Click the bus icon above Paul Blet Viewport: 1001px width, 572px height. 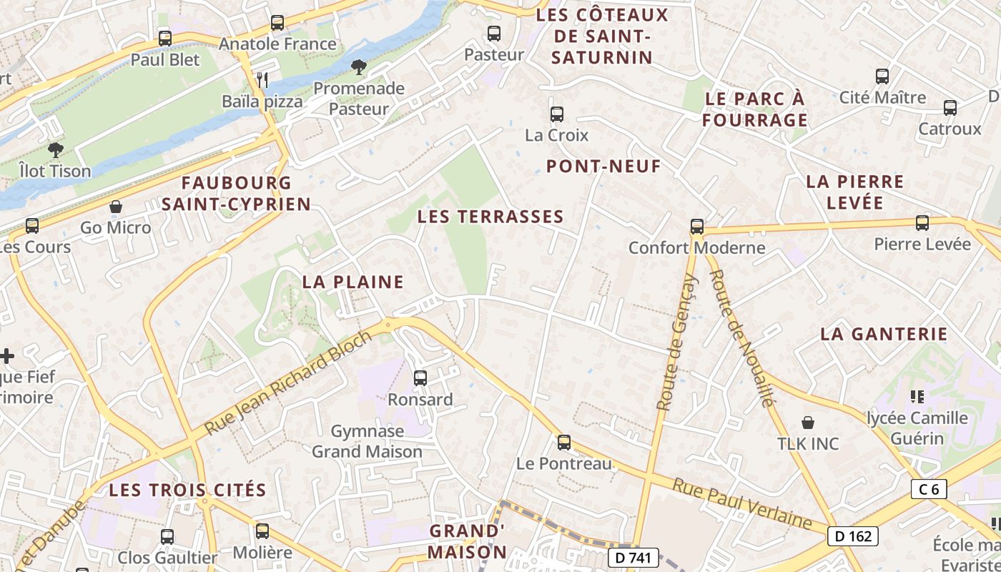[x=165, y=39]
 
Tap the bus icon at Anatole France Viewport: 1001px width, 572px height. [x=277, y=23]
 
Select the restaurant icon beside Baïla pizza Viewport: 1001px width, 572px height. [x=262, y=80]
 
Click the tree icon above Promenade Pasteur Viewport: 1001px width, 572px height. [x=358, y=67]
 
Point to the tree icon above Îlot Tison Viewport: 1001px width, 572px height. [x=55, y=150]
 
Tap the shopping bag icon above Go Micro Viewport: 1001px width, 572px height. [x=116, y=207]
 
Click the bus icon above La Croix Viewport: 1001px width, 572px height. [x=557, y=114]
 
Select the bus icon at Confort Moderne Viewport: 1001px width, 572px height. [x=697, y=227]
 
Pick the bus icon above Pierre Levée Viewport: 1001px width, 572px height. [x=922, y=223]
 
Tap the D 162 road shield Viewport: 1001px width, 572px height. [x=852, y=536]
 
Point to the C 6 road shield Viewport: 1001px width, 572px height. [x=929, y=489]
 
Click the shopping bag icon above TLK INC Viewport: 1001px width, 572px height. [x=808, y=423]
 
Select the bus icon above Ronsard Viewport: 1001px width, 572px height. [x=420, y=378]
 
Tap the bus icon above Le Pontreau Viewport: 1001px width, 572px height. [x=564, y=443]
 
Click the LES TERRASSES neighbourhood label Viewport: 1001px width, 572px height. [x=490, y=217]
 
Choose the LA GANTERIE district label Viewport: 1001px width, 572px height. [x=884, y=334]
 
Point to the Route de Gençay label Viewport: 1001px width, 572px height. [x=676, y=343]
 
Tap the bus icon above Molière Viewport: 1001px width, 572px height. [x=262, y=531]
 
